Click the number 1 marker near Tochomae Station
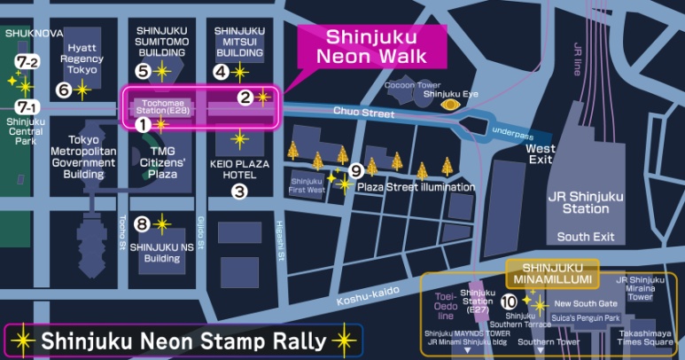pyautogui.click(x=140, y=125)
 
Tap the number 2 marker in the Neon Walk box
pyautogui.click(x=245, y=97)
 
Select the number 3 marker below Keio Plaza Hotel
pyautogui.click(x=239, y=190)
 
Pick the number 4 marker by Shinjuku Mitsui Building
pyautogui.click(x=221, y=70)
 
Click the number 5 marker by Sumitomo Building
pyautogui.click(x=143, y=70)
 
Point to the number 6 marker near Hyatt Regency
pyautogui.click(x=62, y=90)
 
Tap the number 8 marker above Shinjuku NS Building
pyautogui.click(x=142, y=223)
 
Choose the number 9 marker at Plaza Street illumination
pyautogui.click(x=356, y=170)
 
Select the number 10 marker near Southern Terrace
pyautogui.click(x=509, y=301)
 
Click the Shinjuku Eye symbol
pyautogui.click(x=453, y=105)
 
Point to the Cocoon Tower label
pyautogui.click(x=412, y=85)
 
